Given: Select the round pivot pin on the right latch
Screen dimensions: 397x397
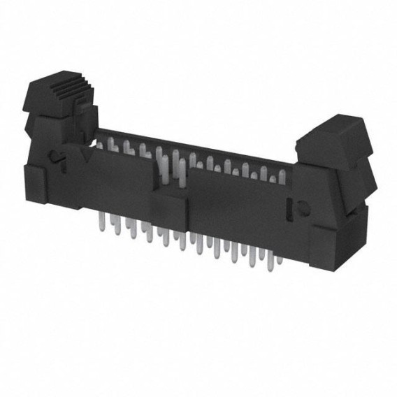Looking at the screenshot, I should (303, 208).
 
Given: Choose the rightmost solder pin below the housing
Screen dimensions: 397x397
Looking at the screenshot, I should (280, 259).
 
